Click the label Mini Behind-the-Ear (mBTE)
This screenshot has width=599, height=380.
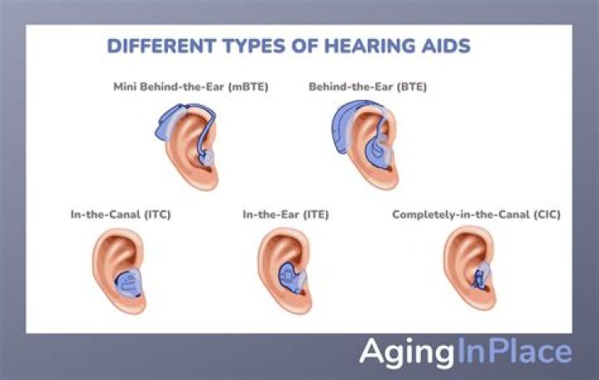191,86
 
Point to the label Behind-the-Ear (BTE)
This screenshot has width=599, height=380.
368,86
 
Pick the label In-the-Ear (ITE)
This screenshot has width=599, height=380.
285,215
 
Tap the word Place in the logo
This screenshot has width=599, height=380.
532,352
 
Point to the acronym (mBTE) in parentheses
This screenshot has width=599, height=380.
248,86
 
